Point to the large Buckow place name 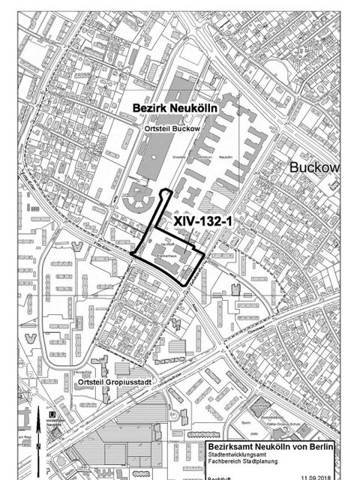[x=314, y=166]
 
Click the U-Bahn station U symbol [x=49, y=414]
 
